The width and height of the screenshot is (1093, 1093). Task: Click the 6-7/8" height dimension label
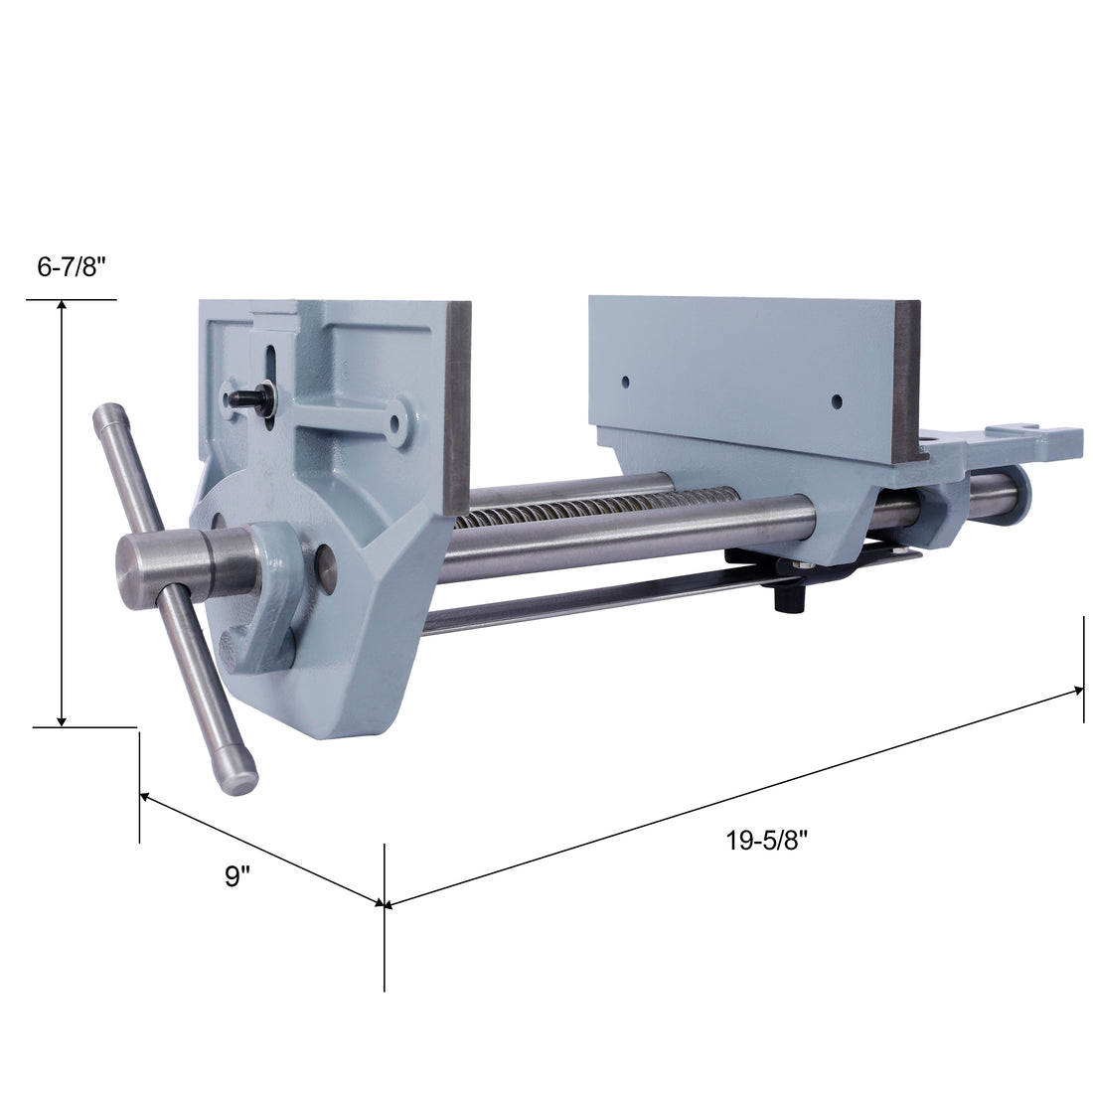click(x=71, y=267)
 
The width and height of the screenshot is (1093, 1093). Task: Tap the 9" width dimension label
click(x=236, y=876)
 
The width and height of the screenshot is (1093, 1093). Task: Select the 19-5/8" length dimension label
click(x=765, y=841)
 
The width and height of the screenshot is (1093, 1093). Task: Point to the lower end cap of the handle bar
click(x=242, y=782)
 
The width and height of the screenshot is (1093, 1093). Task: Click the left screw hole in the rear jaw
click(x=625, y=381)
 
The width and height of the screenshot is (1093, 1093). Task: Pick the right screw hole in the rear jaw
click(x=836, y=401)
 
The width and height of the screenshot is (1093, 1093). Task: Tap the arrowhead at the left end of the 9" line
click(x=145, y=796)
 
